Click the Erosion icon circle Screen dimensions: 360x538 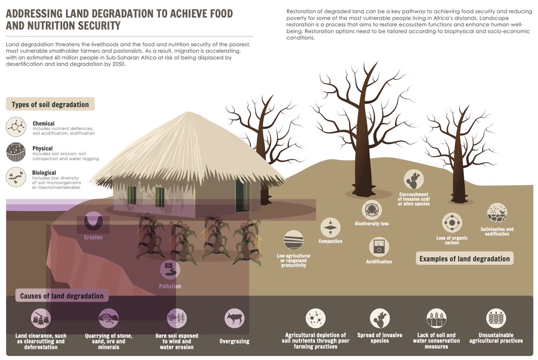(93, 221)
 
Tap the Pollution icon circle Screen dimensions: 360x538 (170, 270)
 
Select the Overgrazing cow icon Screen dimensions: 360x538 (234, 318)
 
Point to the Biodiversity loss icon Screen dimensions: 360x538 (372, 210)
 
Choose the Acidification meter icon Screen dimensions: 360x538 (379, 247)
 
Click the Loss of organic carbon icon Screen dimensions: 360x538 (451, 223)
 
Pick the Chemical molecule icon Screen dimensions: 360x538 (16, 127)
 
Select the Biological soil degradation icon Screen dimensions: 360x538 (16, 177)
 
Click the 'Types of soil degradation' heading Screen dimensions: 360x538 (50, 104)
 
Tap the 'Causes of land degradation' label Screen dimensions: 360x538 (62, 296)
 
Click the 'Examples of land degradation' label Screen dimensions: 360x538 (464, 258)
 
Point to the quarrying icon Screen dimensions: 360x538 (108, 318)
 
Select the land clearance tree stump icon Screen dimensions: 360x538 (41, 318)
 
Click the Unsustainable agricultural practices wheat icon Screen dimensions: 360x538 (496, 318)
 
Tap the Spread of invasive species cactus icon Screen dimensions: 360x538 (380, 318)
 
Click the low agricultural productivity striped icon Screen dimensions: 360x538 (294, 240)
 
